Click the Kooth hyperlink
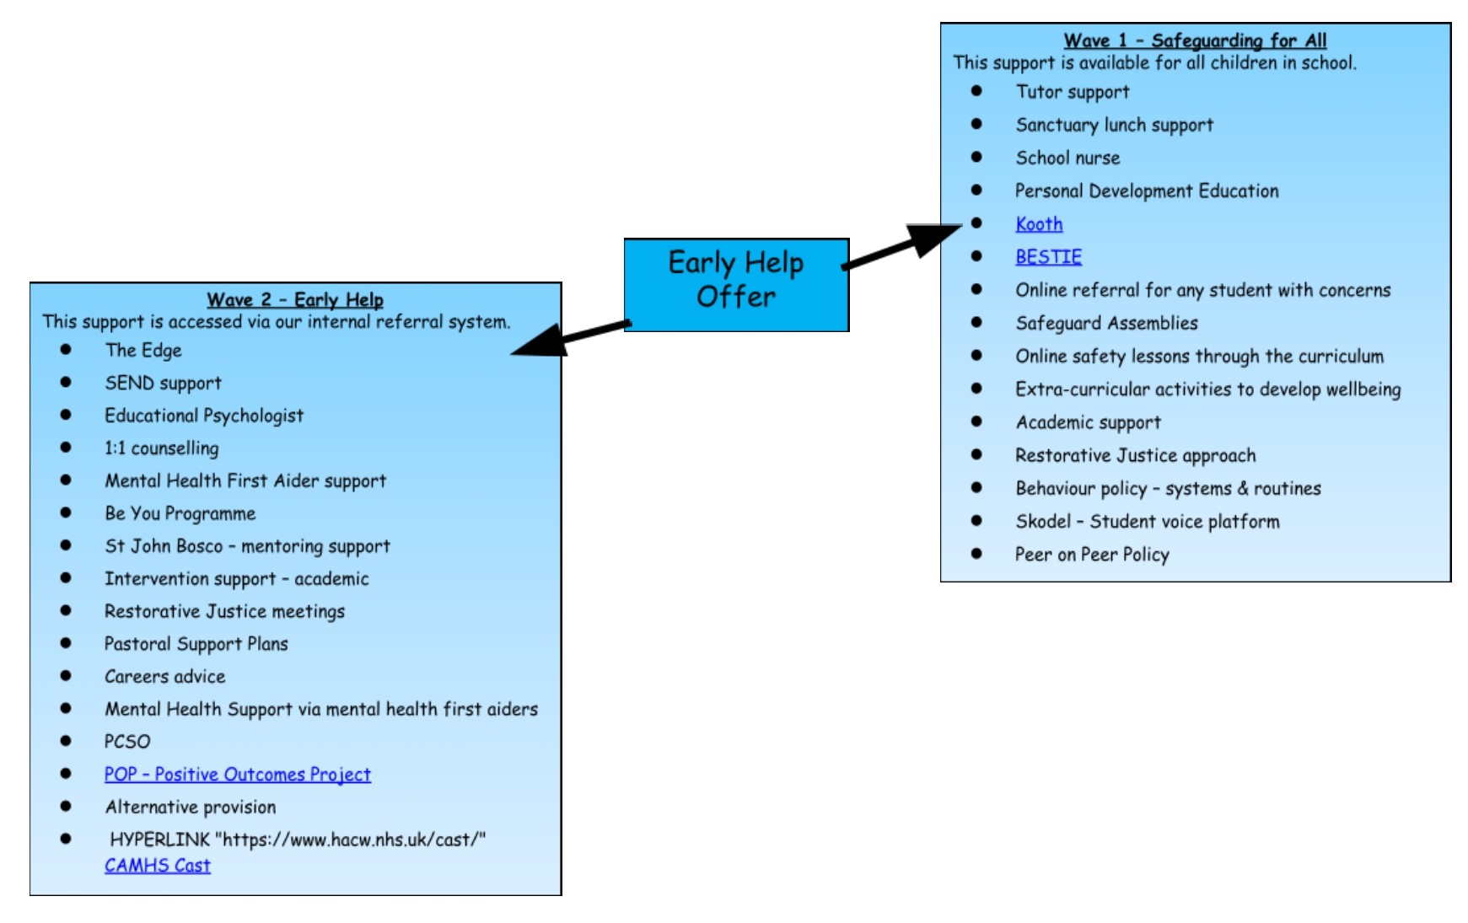[x=1039, y=224]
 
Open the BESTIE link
[x=1048, y=257]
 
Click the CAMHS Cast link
[x=158, y=866]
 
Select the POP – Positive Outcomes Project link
[x=237, y=775]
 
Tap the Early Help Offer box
[x=736, y=284]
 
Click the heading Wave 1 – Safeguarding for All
[x=1195, y=40]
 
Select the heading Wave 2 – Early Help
[x=295, y=300]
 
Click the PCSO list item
[x=127, y=742]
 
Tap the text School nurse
[x=1067, y=158]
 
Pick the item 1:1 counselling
[x=161, y=448]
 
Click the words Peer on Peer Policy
[x=1092, y=555]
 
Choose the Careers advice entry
[x=165, y=677]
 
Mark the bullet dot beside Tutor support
[x=976, y=91]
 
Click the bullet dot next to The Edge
[x=66, y=349]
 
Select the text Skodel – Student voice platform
[x=1147, y=522]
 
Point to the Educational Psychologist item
[x=204, y=416]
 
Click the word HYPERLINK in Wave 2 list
[x=159, y=840]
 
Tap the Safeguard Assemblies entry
[x=1106, y=324]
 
